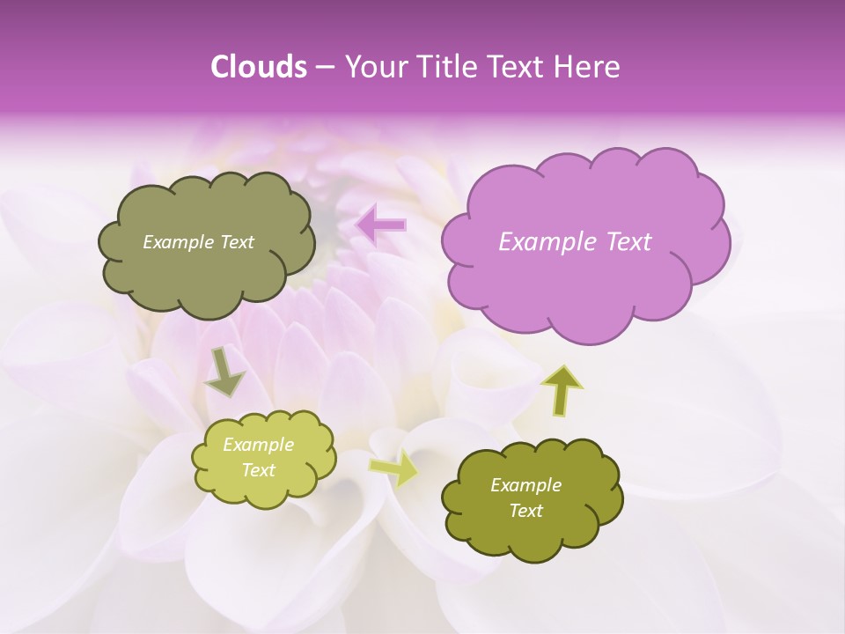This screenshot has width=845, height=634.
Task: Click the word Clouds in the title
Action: (x=259, y=67)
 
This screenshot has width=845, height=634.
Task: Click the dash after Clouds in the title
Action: (x=325, y=67)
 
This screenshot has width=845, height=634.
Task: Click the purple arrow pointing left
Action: (x=381, y=225)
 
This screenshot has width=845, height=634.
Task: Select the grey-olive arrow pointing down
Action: (x=224, y=372)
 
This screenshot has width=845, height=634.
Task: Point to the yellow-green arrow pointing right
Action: (x=394, y=469)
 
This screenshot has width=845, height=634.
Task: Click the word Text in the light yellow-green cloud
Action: (x=259, y=470)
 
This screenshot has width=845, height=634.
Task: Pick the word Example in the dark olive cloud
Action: (x=525, y=485)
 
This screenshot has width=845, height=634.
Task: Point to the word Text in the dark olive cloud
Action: (x=526, y=511)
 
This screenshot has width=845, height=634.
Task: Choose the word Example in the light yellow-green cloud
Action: (x=259, y=445)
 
